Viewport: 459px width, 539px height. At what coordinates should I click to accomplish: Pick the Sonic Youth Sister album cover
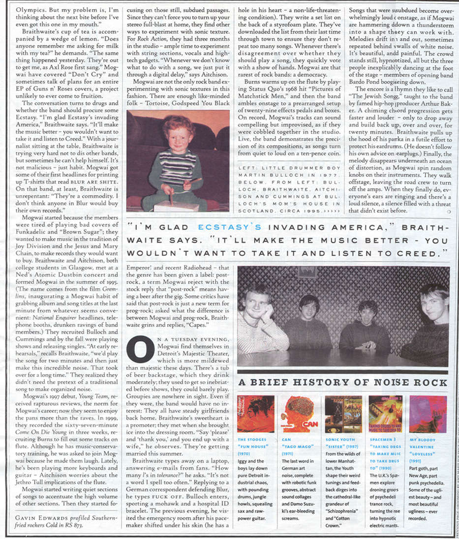point(343,415)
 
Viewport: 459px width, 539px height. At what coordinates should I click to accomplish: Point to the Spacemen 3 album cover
point(385,414)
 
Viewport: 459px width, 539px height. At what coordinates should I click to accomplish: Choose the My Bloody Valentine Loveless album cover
point(428,414)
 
